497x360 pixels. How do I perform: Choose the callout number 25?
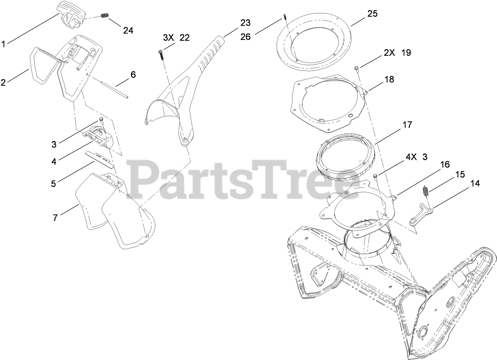[x=372, y=13]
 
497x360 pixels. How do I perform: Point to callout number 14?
[x=475, y=184]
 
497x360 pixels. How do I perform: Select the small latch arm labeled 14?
[x=421, y=213]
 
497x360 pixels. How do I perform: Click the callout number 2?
[x=3, y=83]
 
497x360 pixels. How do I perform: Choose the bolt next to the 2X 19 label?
[x=357, y=68]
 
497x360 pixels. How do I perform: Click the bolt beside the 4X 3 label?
[x=375, y=176]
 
